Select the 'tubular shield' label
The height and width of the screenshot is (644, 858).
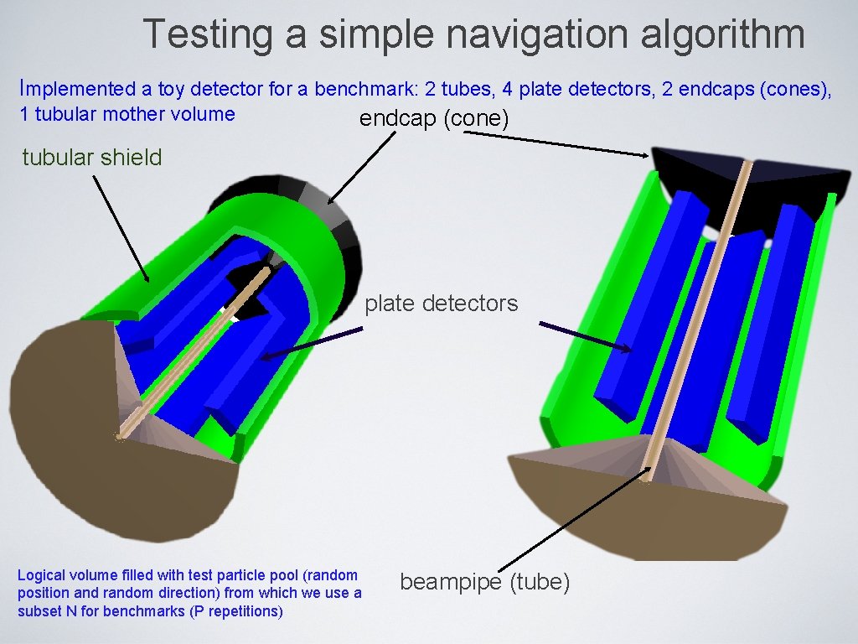point(92,157)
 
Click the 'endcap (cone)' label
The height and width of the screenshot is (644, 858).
point(434,119)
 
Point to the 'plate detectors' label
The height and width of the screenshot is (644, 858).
point(442,303)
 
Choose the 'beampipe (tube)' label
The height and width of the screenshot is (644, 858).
point(485,581)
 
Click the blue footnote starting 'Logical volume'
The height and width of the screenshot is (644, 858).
point(189,593)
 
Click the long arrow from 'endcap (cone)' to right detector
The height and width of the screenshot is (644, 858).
point(553,142)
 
